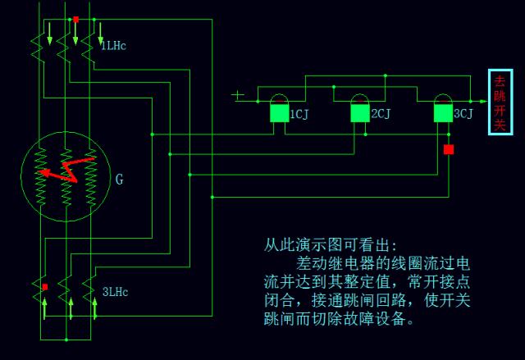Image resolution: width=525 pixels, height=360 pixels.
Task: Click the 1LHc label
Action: point(113,46)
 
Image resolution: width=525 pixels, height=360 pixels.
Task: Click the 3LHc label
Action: point(115,292)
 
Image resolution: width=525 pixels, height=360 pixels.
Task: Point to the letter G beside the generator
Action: point(120,179)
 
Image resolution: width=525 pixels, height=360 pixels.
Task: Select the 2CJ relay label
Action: point(380,114)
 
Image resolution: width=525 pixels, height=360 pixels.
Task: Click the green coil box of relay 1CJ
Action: point(279,113)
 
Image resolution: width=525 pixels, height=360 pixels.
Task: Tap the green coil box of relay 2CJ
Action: point(359,113)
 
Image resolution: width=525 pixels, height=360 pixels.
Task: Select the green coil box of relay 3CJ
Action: point(443,113)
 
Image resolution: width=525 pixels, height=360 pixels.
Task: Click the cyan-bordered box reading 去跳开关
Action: point(500,103)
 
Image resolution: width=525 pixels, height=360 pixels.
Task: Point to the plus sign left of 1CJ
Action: point(238,96)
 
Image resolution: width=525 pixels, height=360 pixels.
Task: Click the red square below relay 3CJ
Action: point(449,149)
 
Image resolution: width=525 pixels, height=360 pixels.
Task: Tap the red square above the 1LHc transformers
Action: point(75,19)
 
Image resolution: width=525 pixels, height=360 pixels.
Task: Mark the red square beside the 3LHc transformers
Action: point(45,287)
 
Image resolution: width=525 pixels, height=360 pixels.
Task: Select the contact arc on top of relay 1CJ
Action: point(279,99)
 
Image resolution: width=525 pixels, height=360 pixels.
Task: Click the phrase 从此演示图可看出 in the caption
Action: point(325,245)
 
